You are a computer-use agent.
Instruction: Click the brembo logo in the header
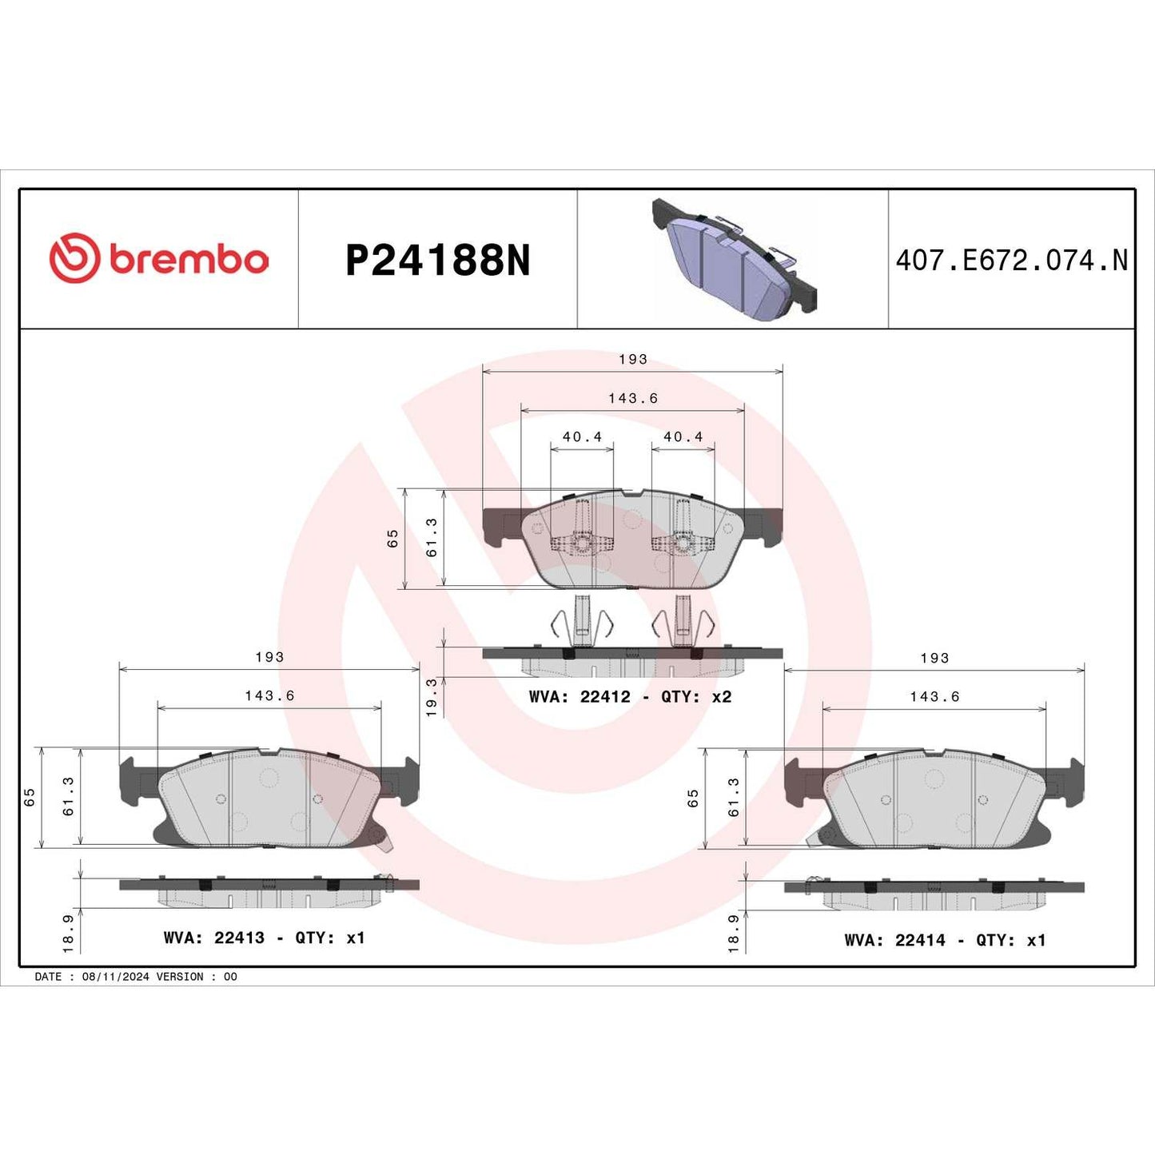click(x=158, y=258)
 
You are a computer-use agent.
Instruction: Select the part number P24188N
click(x=437, y=260)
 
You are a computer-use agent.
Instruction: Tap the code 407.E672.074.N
click(x=1011, y=260)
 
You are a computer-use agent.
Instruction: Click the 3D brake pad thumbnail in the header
click(x=733, y=257)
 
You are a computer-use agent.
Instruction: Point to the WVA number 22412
click(x=605, y=696)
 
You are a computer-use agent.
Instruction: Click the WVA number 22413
click(x=239, y=938)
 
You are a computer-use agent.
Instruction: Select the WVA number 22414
click(x=920, y=940)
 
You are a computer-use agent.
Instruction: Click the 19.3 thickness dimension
click(x=432, y=697)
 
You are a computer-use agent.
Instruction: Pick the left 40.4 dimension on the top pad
click(x=582, y=436)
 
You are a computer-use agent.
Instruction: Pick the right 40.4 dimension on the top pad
click(x=683, y=436)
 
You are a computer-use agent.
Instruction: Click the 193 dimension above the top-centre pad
click(x=633, y=359)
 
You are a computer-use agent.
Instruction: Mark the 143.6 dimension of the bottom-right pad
click(x=934, y=696)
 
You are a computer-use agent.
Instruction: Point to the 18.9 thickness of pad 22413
click(x=68, y=933)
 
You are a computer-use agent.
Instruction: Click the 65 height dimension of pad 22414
click(x=693, y=798)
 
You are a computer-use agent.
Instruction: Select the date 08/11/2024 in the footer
click(x=116, y=977)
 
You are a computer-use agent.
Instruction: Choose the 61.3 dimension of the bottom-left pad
click(x=68, y=796)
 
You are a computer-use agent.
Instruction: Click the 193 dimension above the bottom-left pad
click(x=269, y=656)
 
